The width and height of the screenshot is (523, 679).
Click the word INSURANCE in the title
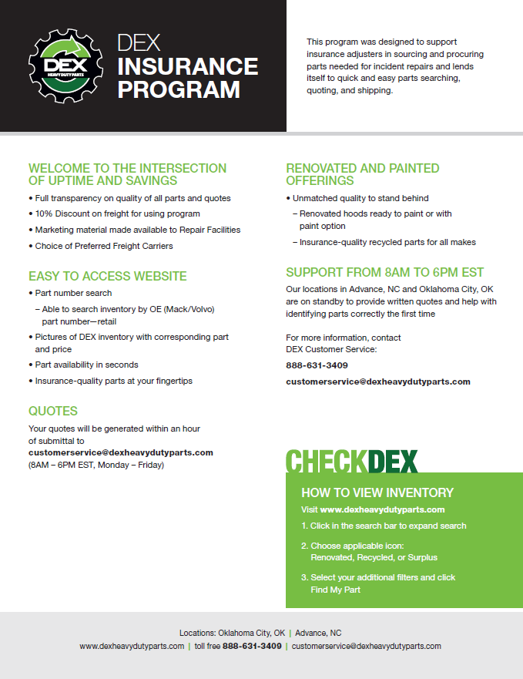tap(187, 66)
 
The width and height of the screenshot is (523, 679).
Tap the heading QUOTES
tap(53, 411)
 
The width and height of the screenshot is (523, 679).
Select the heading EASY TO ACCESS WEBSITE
tap(108, 276)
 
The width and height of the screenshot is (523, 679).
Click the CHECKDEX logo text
tap(351, 461)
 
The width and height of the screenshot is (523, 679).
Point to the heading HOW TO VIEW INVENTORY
tap(377, 492)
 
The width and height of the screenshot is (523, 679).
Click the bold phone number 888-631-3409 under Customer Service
tap(317, 365)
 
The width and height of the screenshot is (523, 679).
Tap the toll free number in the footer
tap(252, 646)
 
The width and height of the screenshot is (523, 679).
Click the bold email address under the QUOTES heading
tap(121, 452)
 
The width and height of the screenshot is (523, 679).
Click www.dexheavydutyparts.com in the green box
tap(382, 509)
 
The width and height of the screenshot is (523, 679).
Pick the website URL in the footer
tap(132, 646)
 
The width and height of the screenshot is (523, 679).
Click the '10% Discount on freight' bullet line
tap(117, 213)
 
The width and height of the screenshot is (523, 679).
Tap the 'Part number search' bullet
tap(73, 293)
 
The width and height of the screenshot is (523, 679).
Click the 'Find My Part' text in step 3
tap(335, 590)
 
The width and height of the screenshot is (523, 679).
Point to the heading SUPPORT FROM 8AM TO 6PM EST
tap(384, 272)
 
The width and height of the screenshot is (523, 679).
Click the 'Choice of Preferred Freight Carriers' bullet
tap(104, 246)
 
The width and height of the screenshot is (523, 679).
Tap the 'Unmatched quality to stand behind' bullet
tap(360, 198)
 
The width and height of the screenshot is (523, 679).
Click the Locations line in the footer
tap(260, 632)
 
